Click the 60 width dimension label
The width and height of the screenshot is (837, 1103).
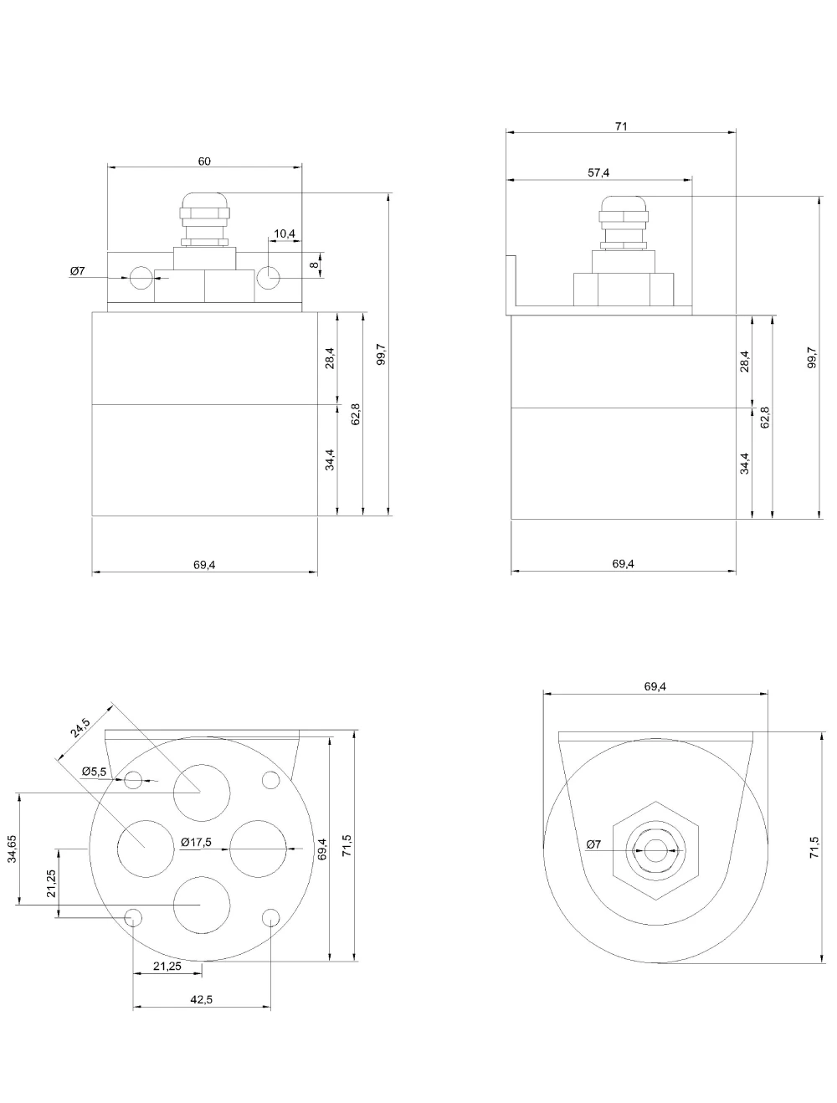pyautogui.click(x=204, y=162)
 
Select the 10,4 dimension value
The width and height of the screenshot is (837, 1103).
pyautogui.click(x=285, y=233)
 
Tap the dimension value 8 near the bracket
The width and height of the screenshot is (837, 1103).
pyautogui.click(x=315, y=264)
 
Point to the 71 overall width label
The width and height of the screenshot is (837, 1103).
pyautogui.click(x=621, y=126)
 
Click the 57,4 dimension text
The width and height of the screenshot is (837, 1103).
pyautogui.click(x=598, y=173)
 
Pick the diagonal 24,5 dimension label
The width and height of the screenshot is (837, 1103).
pyautogui.click(x=80, y=727)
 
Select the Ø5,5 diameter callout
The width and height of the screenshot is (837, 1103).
pyautogui.click(x=95, y=772)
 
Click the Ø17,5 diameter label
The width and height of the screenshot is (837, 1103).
pyautogui.click(x=197, y=842)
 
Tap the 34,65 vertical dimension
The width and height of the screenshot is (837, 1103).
pyautogui.click(x=12, y=849)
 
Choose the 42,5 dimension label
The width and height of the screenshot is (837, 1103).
pyautogui.click(x=202, y=999)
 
